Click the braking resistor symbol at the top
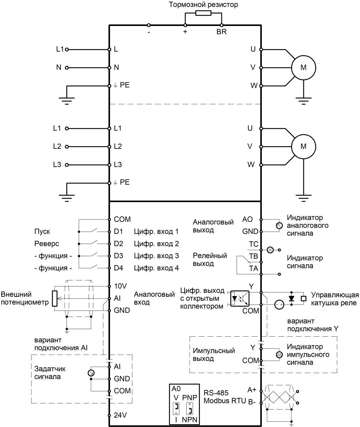[203, 14]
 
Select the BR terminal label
[221, 32]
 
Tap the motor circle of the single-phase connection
[303, 67]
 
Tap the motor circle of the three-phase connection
[303, 146]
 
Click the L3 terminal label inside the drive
[118, 165]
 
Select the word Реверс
[46, 244]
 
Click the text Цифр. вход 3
[156, 256]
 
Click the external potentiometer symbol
[54, 299]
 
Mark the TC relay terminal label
[253, 244]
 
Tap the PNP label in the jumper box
[189, 397]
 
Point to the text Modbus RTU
[225, 401]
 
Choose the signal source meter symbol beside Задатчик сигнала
[91, 373]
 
